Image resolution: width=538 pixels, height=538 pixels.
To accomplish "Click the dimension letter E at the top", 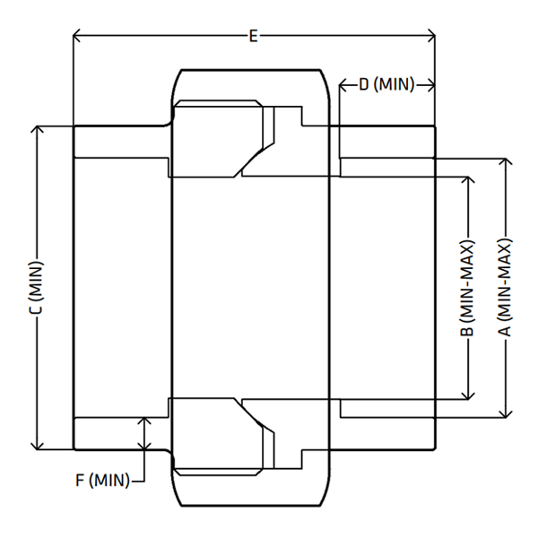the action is tap(253, 36).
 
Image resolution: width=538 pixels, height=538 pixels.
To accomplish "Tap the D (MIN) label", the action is tap(386, 84).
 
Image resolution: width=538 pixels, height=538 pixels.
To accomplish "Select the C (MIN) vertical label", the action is tap(36, 288).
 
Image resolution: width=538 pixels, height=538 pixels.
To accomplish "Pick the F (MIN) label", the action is tap(102, 480).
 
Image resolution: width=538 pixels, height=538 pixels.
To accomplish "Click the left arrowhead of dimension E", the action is tap(76, 35).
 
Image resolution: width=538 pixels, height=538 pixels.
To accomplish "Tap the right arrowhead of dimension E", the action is tap(431, 35).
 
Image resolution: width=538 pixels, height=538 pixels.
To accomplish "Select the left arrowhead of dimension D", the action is tap(343, 85).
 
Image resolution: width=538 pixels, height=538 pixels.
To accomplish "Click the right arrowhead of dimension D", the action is tap(431, 85).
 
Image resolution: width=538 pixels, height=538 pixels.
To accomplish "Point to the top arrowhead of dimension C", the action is tap(38, 129).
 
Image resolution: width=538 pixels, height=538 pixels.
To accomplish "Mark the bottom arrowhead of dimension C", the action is tap(38, 446).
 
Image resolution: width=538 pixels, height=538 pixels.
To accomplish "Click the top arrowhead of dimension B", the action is tap(468, 180).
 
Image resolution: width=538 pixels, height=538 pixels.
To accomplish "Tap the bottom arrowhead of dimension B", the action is tap(468, 395).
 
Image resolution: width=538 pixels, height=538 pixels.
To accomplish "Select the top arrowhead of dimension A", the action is tap(506, 162).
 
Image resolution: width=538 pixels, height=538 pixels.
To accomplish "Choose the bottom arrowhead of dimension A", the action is tap(506, 413).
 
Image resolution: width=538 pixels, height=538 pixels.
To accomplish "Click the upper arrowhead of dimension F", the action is tap(144, 421).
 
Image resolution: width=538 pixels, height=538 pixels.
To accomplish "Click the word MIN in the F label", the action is tap(109, 480).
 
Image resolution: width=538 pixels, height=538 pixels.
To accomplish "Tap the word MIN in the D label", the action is tap(394, 84).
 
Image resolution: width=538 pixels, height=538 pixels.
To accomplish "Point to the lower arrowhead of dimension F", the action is tap(144, 446).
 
